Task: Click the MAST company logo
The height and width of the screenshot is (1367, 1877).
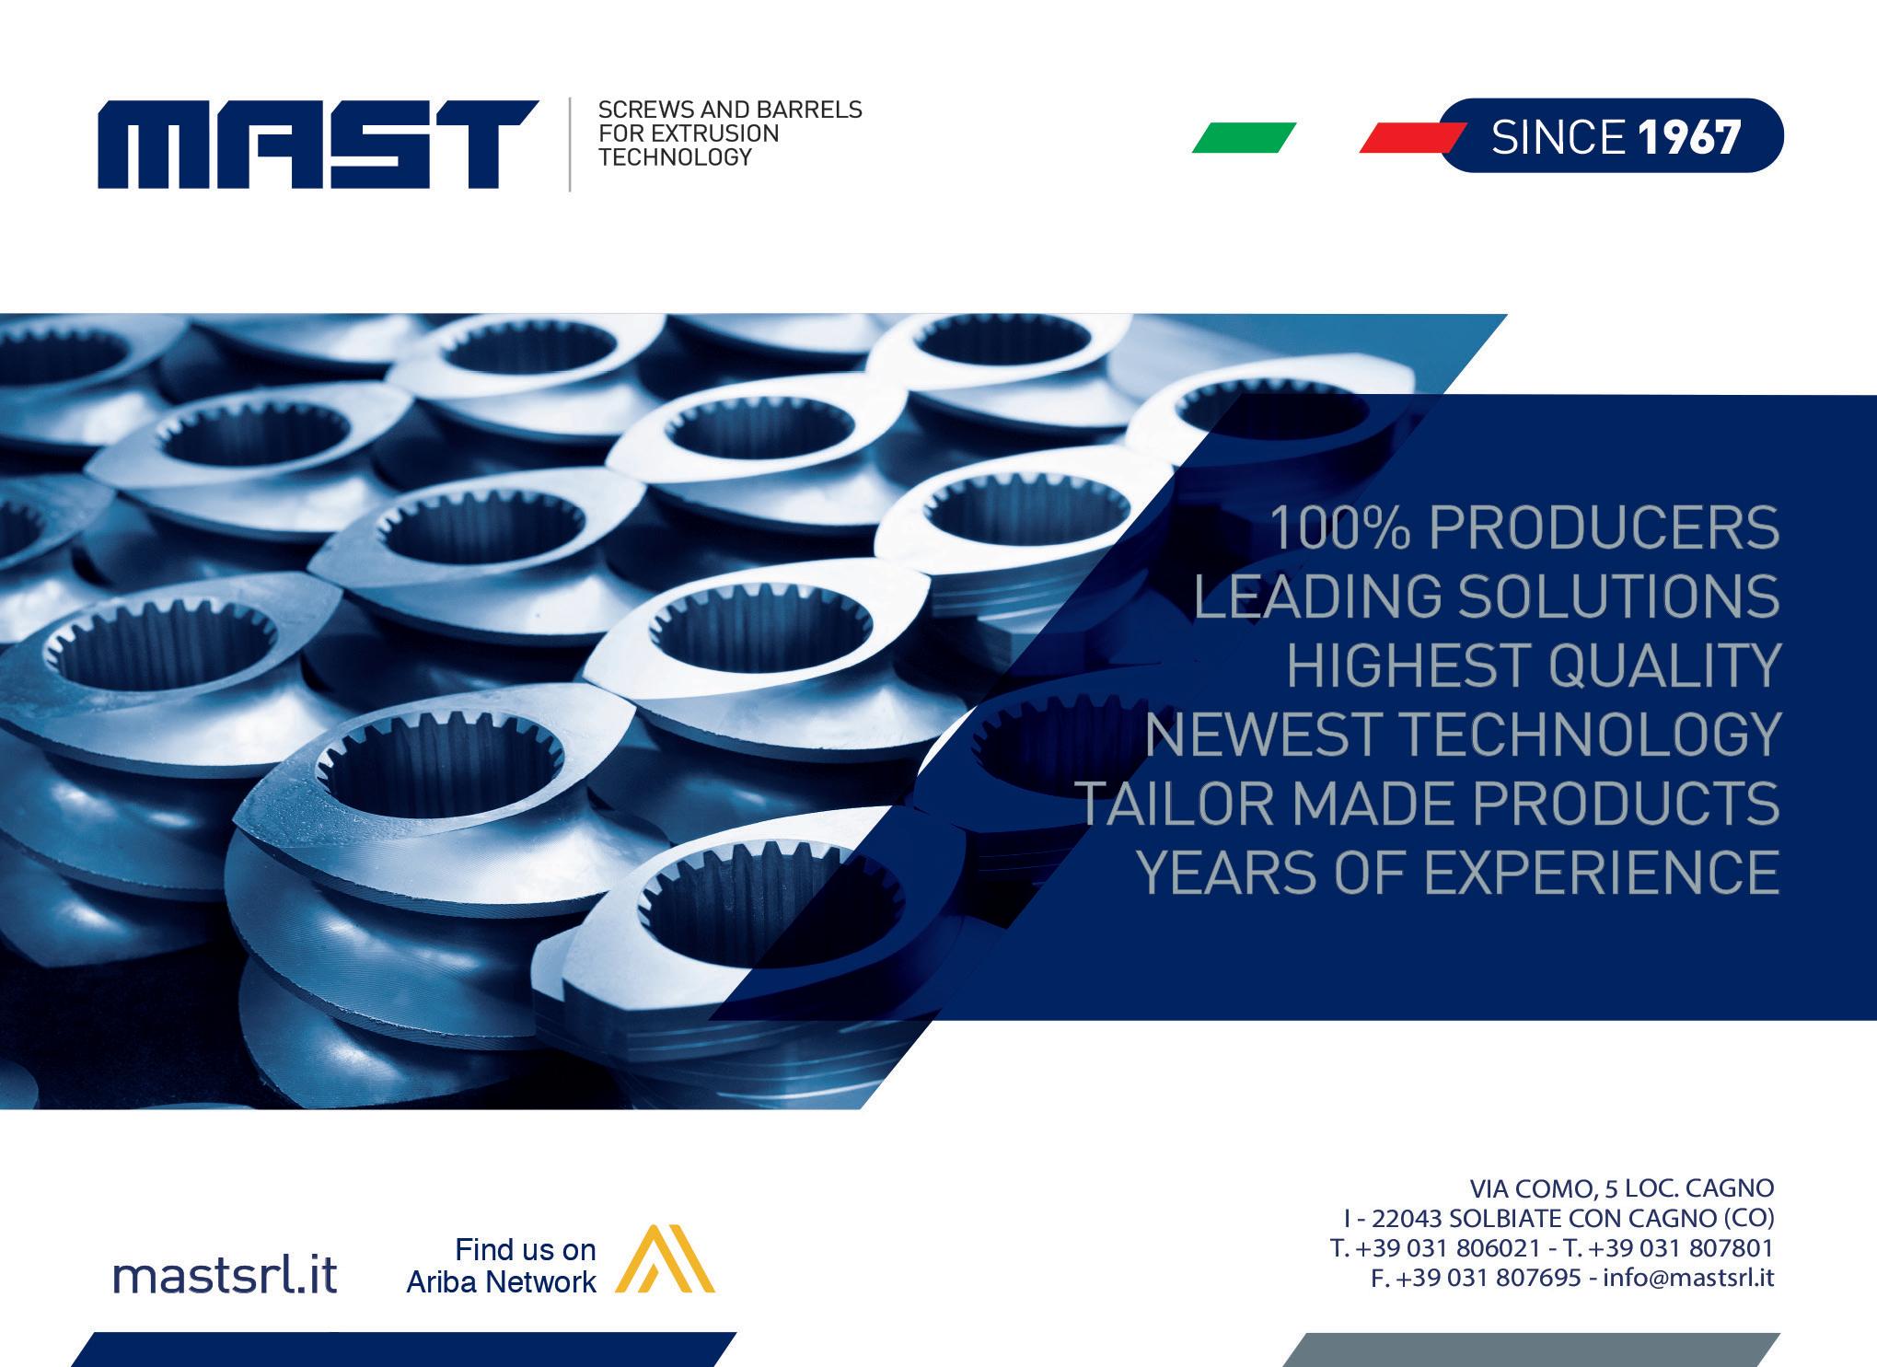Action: click(x=319, y=145)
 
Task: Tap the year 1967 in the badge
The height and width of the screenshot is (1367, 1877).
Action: click(x=1689, y=137)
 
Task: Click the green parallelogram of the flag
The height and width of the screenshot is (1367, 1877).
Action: click(x=1244, y=137)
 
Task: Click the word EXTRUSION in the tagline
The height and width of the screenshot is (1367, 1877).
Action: click(x=689, y=133)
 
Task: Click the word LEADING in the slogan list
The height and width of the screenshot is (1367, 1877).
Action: click(x=1317, y=596)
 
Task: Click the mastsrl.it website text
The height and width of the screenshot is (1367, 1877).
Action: click(x=226, y=1275)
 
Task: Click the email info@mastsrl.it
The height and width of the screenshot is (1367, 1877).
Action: click(x=1688, y=1277)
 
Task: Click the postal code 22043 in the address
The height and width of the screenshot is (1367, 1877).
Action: click(x=1407, y=1218)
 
